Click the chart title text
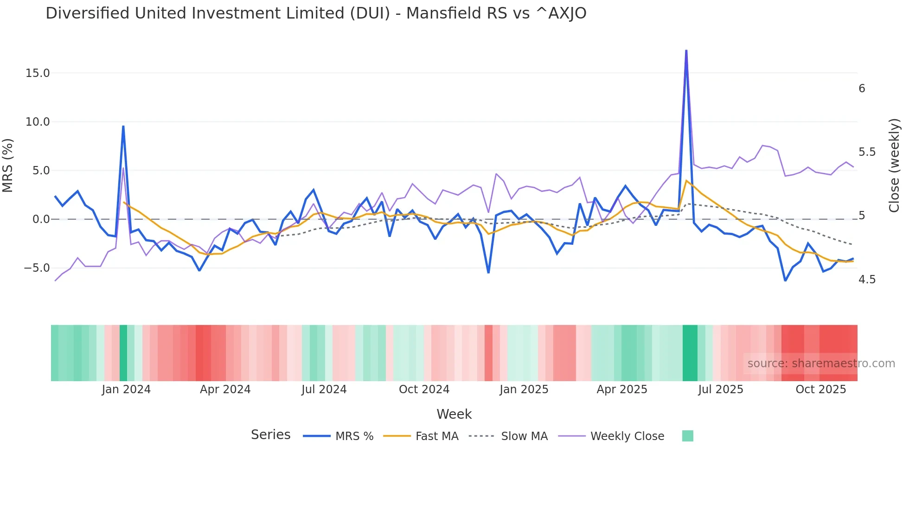pos(316,13)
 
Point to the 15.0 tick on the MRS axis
pos(38,73)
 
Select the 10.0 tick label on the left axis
pos(38,122)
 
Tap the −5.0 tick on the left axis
pos(37,268)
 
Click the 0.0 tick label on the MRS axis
pos(41,219)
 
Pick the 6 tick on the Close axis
pos(862,89)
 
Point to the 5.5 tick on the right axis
pos(867,152)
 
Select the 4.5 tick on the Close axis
pos(867,280)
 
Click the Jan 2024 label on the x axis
pos(126,390)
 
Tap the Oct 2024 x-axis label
pos(424,390)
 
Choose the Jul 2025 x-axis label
pos(720,390)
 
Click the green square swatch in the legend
pos(687,436)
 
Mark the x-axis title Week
pos(454,414)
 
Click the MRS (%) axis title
pos(8,166)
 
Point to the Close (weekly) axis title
pos(894,166)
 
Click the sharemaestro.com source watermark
pos(821,364)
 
